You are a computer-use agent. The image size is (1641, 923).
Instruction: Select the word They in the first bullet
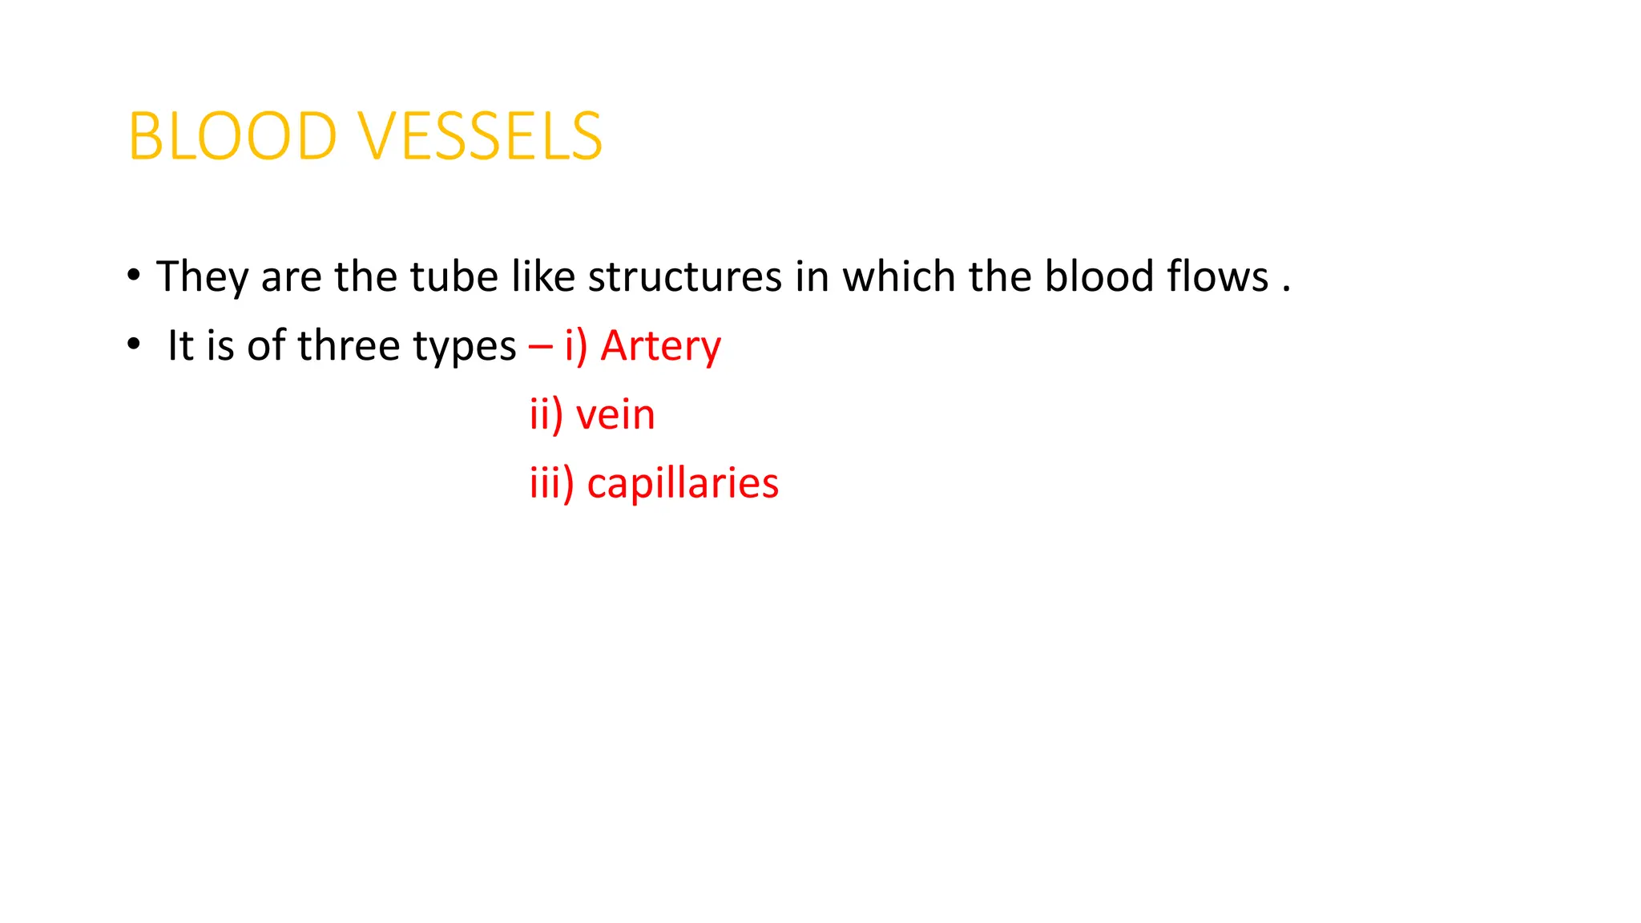pos(202,277)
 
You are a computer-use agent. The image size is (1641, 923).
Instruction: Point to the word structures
pos(685,277)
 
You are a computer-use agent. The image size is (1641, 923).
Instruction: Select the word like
pos(543,277)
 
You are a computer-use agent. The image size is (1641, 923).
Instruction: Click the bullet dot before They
pos(134,276)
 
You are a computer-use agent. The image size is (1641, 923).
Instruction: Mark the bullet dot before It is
pos(134,345)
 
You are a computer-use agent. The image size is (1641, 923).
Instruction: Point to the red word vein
pos(615,415)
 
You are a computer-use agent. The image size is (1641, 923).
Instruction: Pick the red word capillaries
pos(683,484)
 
